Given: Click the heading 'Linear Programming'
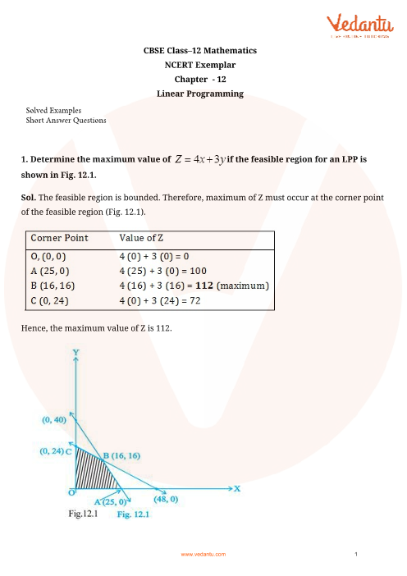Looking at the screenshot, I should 200,94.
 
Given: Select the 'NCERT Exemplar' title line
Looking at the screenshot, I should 200,65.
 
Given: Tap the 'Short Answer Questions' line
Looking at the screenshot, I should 66,121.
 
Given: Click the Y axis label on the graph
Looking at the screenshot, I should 75,352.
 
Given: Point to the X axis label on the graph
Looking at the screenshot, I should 237,487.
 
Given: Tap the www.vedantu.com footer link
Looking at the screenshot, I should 203,555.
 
